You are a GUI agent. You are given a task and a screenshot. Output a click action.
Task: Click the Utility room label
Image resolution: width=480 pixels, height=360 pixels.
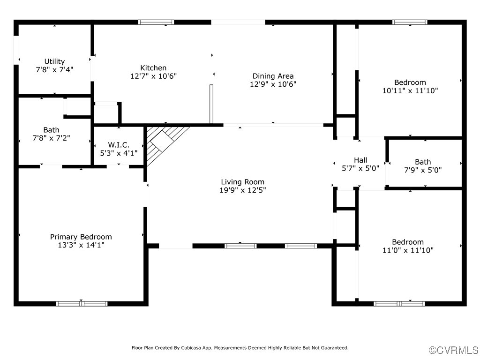(54, 61)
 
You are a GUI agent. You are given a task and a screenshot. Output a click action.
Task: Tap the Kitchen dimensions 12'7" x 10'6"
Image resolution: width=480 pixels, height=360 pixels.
(153, 76)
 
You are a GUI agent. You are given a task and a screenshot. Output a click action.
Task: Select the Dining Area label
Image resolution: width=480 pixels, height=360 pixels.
(273, 76)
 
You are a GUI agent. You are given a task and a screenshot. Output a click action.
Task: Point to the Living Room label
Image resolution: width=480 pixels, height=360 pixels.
(242, 182)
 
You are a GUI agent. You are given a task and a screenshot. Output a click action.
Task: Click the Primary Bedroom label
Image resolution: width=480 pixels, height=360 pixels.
(81, 237)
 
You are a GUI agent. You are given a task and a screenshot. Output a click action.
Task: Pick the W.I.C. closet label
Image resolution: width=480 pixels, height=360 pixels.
(118, 145)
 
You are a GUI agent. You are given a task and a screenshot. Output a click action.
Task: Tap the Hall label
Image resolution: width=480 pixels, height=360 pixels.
(360, 160)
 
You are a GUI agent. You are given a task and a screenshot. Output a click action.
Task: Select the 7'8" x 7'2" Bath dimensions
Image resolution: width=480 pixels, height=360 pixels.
(51, 138)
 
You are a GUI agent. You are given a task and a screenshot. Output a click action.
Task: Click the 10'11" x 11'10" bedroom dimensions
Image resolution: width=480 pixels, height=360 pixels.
(410, 90)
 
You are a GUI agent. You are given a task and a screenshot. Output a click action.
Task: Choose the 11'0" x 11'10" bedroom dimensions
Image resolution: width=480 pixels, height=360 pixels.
(408, 250)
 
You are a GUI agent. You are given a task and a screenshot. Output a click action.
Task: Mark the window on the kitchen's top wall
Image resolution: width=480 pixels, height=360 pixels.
(156, 22)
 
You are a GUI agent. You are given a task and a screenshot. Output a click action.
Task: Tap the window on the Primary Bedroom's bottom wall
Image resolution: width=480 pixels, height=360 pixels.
(82, 304)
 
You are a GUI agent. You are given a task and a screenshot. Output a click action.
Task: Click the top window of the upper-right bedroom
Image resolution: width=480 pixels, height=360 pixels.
(410, 22)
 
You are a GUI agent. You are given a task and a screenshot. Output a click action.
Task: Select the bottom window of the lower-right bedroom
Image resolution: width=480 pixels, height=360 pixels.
(399, 304)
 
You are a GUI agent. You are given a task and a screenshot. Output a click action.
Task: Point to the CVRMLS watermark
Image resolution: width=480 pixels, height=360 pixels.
(454, 350)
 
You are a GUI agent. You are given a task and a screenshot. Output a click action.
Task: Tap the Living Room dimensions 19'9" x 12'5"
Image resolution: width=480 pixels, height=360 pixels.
(242, 190)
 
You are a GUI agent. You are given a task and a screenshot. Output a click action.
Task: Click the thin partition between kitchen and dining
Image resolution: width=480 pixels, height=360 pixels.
(211, 104)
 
